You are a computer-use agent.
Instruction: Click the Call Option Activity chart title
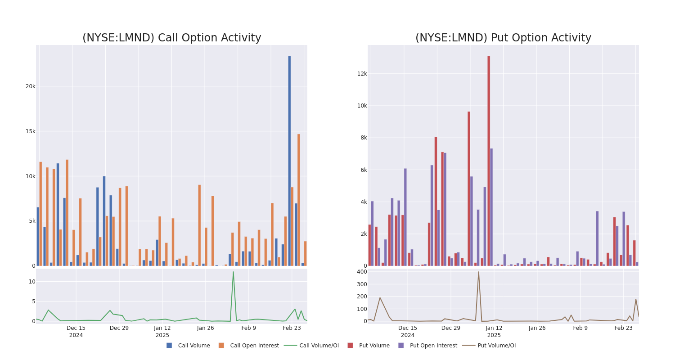171,38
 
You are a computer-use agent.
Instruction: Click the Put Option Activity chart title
503,38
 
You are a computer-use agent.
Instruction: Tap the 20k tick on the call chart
30,86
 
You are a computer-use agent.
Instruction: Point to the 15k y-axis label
30,131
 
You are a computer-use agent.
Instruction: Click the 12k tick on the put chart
362,74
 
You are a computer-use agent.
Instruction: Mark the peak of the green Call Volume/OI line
233,272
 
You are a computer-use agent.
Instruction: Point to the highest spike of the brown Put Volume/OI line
478,272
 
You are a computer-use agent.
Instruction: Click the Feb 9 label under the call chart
248,328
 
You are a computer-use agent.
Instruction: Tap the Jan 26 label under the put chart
537,328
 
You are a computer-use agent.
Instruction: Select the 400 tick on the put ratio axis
362,272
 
